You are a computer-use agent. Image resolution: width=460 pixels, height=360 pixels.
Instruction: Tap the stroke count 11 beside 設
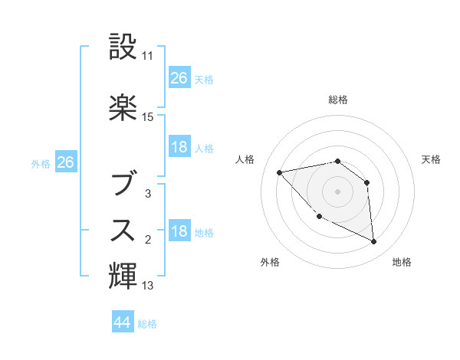[x=148, y=56]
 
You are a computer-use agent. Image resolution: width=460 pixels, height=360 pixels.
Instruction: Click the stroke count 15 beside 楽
[x=148, y=117]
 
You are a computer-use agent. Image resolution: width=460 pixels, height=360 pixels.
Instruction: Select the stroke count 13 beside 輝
[x=148, y=286]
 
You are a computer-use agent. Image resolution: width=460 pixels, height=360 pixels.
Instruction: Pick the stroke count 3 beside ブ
[x=148, y=194]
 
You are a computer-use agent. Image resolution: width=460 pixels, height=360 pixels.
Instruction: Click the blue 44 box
[x=122, y=323]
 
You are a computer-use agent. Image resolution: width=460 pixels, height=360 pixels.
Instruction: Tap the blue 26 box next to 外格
[x=65, y=162]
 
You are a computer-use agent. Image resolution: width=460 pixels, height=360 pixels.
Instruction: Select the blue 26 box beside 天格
[x=179, y=78]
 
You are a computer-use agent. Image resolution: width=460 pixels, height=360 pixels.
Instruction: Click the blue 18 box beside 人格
[x=179, y=147]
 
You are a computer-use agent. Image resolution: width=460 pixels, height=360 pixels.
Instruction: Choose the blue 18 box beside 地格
[x=179, y=231]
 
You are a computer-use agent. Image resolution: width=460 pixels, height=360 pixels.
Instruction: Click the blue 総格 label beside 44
[x=147, y=324]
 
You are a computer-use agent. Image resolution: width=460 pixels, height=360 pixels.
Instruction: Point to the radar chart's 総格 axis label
[x=337, y=100]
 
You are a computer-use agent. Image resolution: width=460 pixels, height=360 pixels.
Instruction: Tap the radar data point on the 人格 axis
[x=280, y=172]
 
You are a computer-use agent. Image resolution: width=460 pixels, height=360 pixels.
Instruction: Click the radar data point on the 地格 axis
[x=373, y=242]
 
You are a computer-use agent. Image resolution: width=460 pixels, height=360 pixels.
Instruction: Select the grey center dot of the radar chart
[x=337, y=191]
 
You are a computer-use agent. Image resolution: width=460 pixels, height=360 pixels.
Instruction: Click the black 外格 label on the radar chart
[x=270, y=262]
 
